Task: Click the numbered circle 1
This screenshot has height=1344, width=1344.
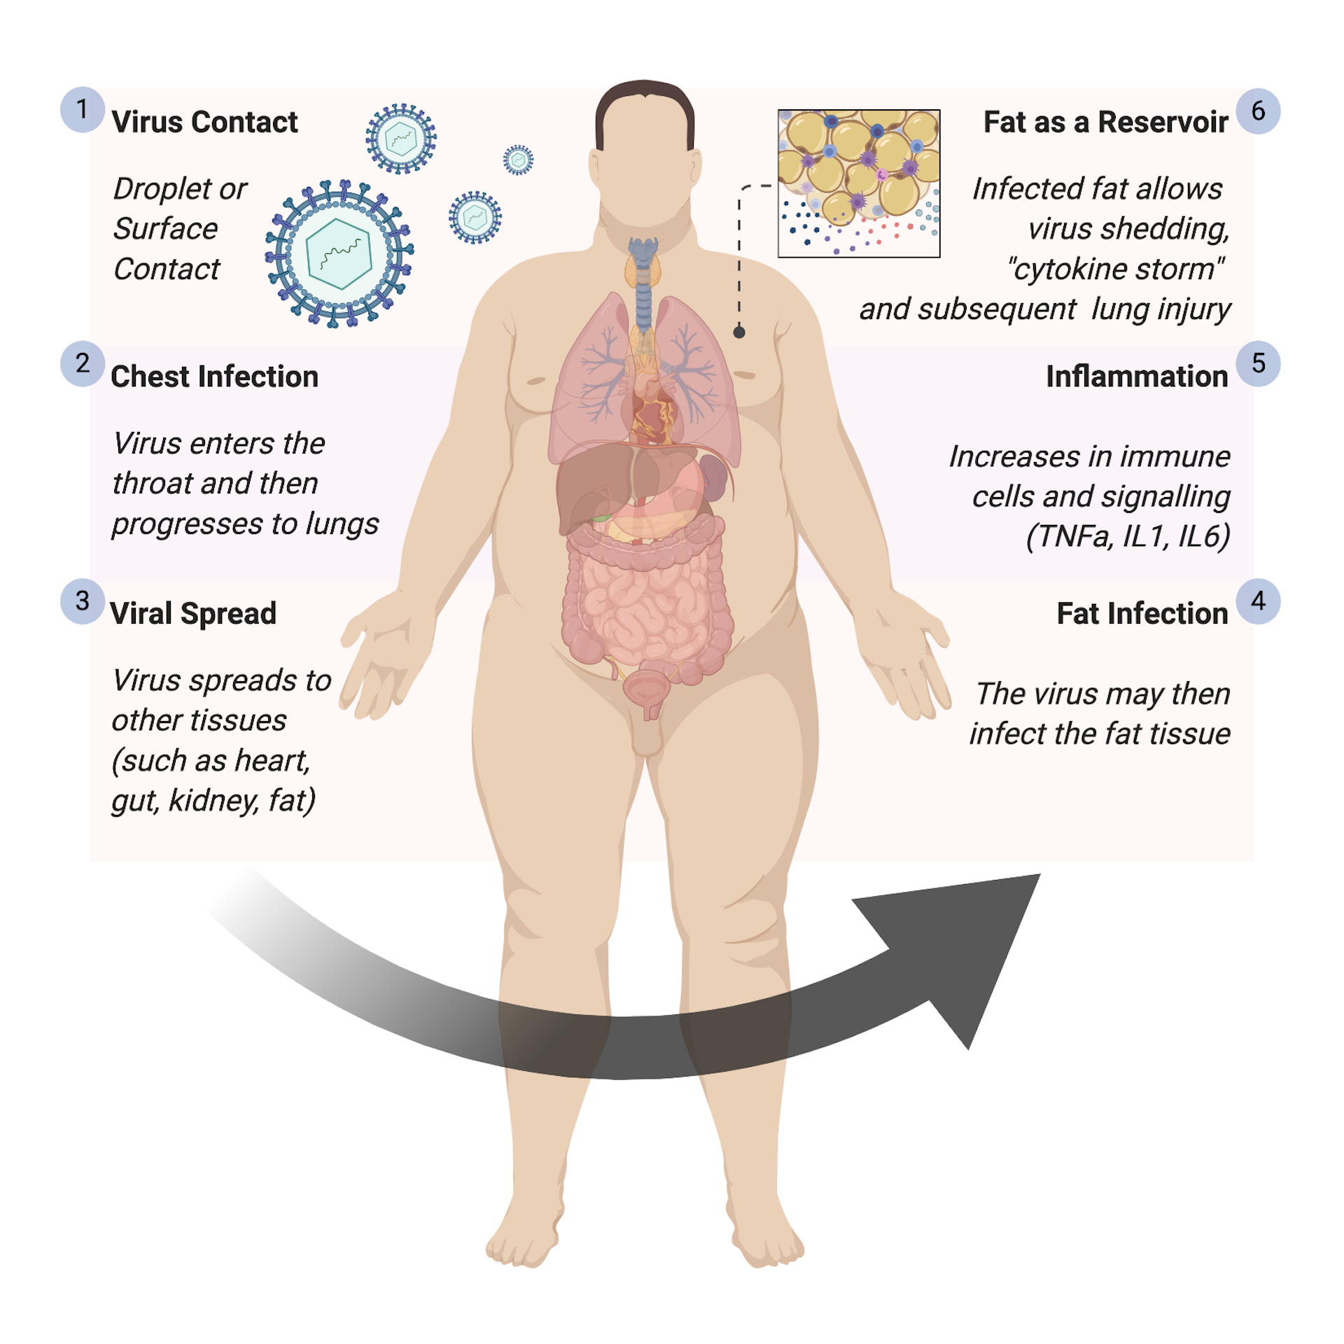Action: tap(83, 110)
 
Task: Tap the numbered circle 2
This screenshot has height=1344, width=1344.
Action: tap(83, 363)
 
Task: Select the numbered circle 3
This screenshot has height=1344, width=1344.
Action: tap(83, 601)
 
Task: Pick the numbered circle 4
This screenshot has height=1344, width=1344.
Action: tap(1258, 601)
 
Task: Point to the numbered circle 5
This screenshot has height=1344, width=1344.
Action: tap(1258, 363)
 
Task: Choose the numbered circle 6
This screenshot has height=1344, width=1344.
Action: tap(1258, 111)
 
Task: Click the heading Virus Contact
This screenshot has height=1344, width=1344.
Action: tap(204, 122)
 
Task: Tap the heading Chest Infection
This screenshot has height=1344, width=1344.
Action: tap(214, 377)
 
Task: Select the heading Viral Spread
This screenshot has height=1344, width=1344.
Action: tap(193, 614)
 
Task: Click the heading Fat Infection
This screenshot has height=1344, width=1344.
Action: tap(1142, 614)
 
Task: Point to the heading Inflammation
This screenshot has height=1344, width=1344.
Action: tap(1137, 377)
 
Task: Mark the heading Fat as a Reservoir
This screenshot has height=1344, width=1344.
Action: tap(1105, 122)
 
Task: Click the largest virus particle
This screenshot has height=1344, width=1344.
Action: tap(339, 253)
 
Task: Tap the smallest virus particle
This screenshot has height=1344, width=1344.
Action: tap(519, 160)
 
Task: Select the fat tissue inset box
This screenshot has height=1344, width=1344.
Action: tap(859, 183)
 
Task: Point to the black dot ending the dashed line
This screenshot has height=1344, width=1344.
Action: tap(739, 332)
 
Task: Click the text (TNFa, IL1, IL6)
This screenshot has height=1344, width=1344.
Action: tap(1128, 537)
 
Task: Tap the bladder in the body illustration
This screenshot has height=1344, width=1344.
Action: tap(647, 689)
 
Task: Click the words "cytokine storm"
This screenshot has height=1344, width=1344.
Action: tap(1116, 269)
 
